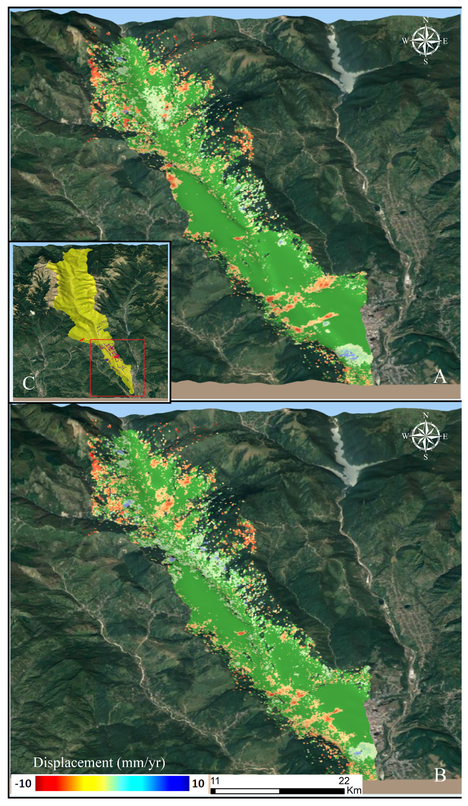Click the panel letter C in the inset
(x=29, y=383)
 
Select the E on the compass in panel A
(x=445, y=41)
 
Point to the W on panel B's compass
(x=405, y=436)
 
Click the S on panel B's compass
(x=425, y=457)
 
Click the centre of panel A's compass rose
(x=425, y=41)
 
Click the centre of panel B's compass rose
(x=425, y=436)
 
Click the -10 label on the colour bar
(x=23, y=784)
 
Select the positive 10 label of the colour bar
(x=198, y=784)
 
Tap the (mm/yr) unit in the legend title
(x=141, y=763)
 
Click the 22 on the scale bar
(x=344, y=781)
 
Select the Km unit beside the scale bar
(x=354, y=790)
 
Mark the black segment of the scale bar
(x=312, y=791)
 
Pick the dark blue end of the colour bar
(x=185, y=783)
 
